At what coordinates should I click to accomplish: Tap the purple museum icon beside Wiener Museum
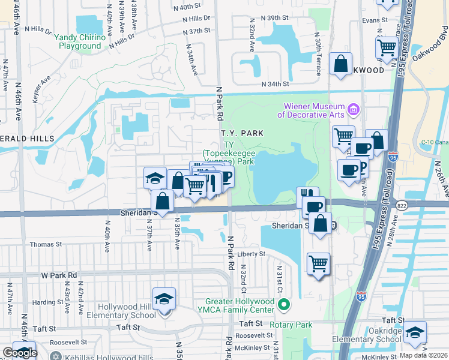(353, 110)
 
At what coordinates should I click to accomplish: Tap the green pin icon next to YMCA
(286, 305)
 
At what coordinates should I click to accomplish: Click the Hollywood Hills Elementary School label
(121, 311)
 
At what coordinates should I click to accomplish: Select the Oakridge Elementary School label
(375, 335)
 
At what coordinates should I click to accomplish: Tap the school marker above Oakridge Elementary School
(415, 332)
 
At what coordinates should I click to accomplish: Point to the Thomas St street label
(46, 244)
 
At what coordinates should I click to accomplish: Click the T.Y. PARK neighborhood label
(242, 133)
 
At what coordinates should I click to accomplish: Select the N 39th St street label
(278, 18)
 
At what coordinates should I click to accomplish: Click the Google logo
(20, 353)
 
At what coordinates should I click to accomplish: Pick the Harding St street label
(44, 302)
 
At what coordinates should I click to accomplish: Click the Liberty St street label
(251, 254)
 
